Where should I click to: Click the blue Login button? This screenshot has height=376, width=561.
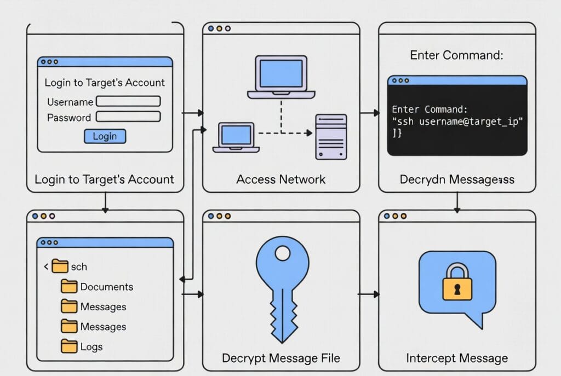[x=105, y=136]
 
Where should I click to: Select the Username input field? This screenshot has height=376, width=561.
[x=128, y=101]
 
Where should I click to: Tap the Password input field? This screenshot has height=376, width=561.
[x=128, y=117]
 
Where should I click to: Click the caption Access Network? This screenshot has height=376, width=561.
[x=280, y=180]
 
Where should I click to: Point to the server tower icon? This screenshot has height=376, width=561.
[x=331, y=137]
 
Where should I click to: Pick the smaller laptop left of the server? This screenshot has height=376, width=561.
[x=236, y=137]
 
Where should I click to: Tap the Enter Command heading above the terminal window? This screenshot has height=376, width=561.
[x=456, y=55]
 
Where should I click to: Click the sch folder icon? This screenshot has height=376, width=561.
[x=60, y=267]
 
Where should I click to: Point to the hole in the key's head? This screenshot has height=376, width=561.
[x=283, y=253]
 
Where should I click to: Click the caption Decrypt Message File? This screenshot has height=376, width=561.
[x=280, y=358]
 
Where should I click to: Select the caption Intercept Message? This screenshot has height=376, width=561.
[x=456, y=358]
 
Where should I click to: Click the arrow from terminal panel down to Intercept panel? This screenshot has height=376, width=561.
[x=457, y=203]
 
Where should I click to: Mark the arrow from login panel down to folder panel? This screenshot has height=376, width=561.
[x=105, y=203]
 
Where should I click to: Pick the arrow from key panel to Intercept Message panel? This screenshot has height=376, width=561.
[x=369, y=294]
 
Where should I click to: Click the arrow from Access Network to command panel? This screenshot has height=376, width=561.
[x=369, y=113]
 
